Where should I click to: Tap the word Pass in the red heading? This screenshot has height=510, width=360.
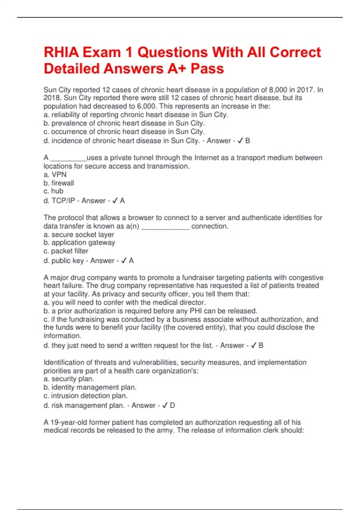(207, 68)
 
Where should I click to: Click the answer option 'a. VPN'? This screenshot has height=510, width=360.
(55, 175)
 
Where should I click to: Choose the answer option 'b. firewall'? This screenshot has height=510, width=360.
(59, 183)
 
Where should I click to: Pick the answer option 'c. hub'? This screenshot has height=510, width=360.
(53, 191)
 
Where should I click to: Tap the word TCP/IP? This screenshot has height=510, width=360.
(63, 201)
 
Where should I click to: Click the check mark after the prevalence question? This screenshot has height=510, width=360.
(240, 141)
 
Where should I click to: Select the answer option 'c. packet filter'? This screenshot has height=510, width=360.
(66, 251)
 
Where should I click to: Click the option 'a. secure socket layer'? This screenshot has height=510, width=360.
(79, 235)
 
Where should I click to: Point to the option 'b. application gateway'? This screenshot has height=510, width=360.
(79, 243)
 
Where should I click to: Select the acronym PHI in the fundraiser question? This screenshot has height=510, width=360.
(196, 311)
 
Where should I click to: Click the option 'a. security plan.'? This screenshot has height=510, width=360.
(69, 379)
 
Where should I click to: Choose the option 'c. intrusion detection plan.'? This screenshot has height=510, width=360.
(85, 396)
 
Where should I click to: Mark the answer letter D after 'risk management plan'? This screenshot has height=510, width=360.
(172, 405)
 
